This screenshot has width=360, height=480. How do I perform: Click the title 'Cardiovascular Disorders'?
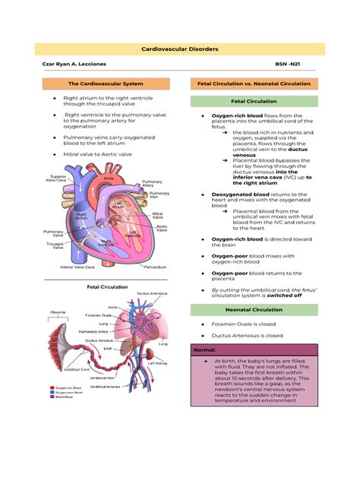click(x=180, y=49)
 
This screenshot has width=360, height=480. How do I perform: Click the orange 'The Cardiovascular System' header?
click(x=105, y=82)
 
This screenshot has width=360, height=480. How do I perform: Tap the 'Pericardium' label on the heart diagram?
click(x=154, y=267)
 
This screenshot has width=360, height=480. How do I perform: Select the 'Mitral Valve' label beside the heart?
click(x=157, y=216)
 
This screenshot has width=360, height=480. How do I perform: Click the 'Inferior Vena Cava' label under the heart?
click(x=77, y=267)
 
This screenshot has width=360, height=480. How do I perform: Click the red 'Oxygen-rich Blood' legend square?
click(x=50, y=385)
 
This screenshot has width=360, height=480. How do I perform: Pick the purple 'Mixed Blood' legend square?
click(x=50, y=396)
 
